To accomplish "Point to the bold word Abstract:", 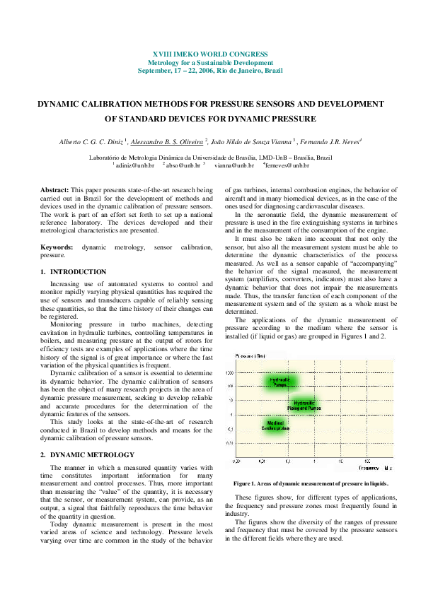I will tap(54, 191).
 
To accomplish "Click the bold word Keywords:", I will tap(57, 247).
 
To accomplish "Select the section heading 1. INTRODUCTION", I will tap(74, 272).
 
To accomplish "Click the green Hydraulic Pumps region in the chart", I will tap(281, 382).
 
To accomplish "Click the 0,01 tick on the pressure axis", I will tap(239, 443).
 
